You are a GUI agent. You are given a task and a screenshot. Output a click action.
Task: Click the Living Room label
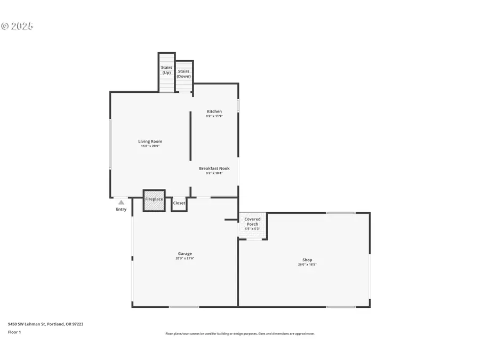click(x=150, y=141)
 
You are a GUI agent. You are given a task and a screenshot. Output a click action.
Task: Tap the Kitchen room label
click(x=214, y=111)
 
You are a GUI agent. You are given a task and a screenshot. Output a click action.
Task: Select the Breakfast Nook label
click(x=214, y=169)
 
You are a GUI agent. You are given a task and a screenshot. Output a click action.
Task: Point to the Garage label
click(x=185, y=253)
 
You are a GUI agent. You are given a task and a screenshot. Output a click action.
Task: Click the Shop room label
click(x=307, y=260)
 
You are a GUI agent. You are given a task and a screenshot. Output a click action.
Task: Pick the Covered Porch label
click(x=252, y=221)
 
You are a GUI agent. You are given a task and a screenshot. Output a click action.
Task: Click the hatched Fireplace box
click(x=154, y=199)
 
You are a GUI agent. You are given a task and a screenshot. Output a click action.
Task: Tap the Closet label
click(x=179, y=203)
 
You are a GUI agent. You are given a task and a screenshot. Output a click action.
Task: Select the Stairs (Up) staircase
click(x=166, y=72)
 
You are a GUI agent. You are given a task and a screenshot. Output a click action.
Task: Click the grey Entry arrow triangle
click(x=122, y=202)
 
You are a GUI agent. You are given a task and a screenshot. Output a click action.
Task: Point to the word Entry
click(x=122, y=209)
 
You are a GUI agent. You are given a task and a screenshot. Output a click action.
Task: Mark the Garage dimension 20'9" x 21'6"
click(x=185, y=258)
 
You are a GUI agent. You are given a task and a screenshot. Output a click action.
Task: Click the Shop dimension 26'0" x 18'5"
click(x=307, y=265)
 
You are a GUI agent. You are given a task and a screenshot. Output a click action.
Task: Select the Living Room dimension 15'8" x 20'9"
click(x=150, y=146)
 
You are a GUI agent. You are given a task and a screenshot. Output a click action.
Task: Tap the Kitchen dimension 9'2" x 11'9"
click(x=214, y=116)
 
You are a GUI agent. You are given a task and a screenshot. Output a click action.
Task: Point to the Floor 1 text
click(x=15, y=332)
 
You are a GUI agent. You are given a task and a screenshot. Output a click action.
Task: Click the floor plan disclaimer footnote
click(x=240, y=334)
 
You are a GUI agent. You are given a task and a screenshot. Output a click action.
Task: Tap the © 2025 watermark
click(x=17, y=26)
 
